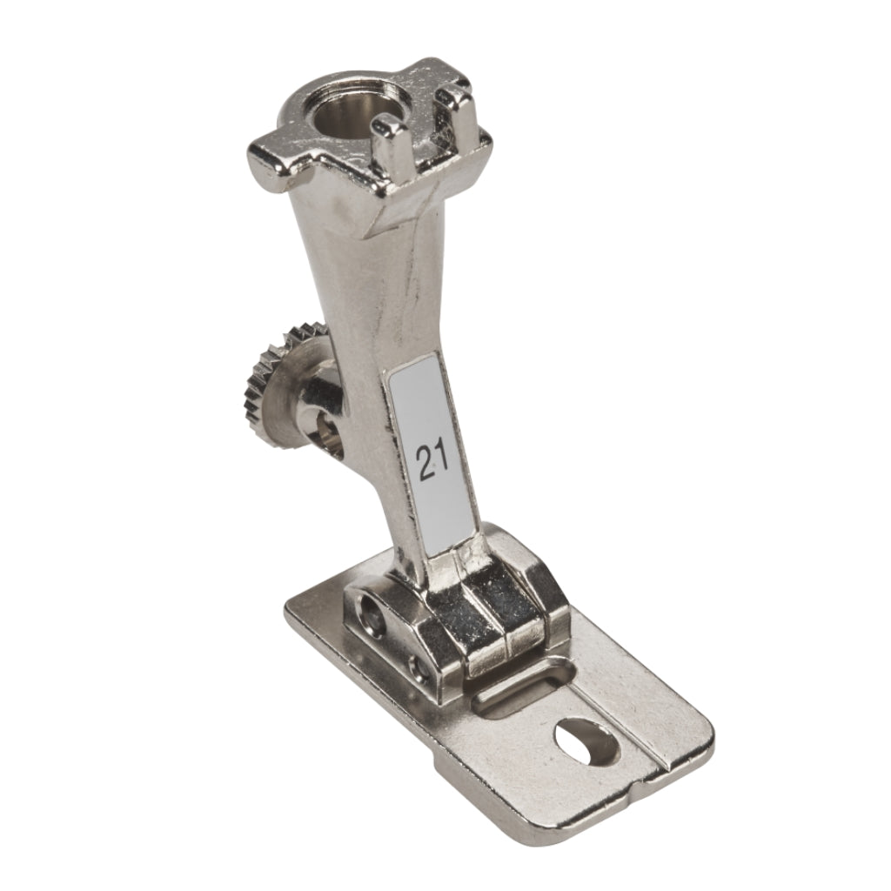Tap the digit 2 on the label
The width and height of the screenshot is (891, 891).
pyautogui.click(x=425, y=461)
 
